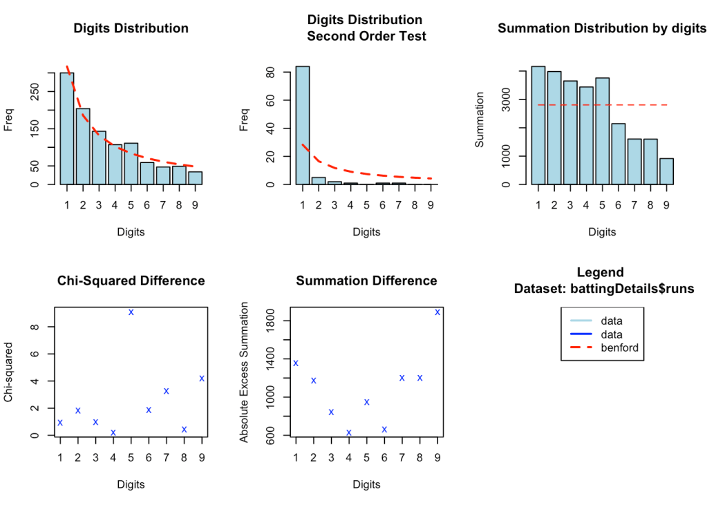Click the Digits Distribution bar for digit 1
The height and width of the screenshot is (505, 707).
[x=67, y=128]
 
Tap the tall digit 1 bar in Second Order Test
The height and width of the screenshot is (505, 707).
[x=303, y=125]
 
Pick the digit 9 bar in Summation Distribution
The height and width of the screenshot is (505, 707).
[x=666, y=171]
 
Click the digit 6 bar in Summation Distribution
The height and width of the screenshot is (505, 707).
[x=618, y=154]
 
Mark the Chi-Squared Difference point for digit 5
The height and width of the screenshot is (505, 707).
[x=131, y=312]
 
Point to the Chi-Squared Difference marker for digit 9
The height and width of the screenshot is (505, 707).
[x=202, y=378]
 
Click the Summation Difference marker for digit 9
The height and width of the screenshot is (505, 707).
[x=437, y=312]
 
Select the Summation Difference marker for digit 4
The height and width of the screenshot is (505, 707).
[x=349, y=432]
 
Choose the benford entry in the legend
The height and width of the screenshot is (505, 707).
[x=620, y=347]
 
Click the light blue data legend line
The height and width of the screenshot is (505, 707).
[x=581, y=321]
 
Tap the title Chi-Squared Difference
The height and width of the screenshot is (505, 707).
[x=131, y=280]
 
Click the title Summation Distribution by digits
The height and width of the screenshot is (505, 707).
[x=602, y=28]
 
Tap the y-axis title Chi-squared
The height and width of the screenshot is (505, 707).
[x=8, y=373]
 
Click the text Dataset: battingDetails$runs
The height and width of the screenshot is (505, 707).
[x=603, y=289]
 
